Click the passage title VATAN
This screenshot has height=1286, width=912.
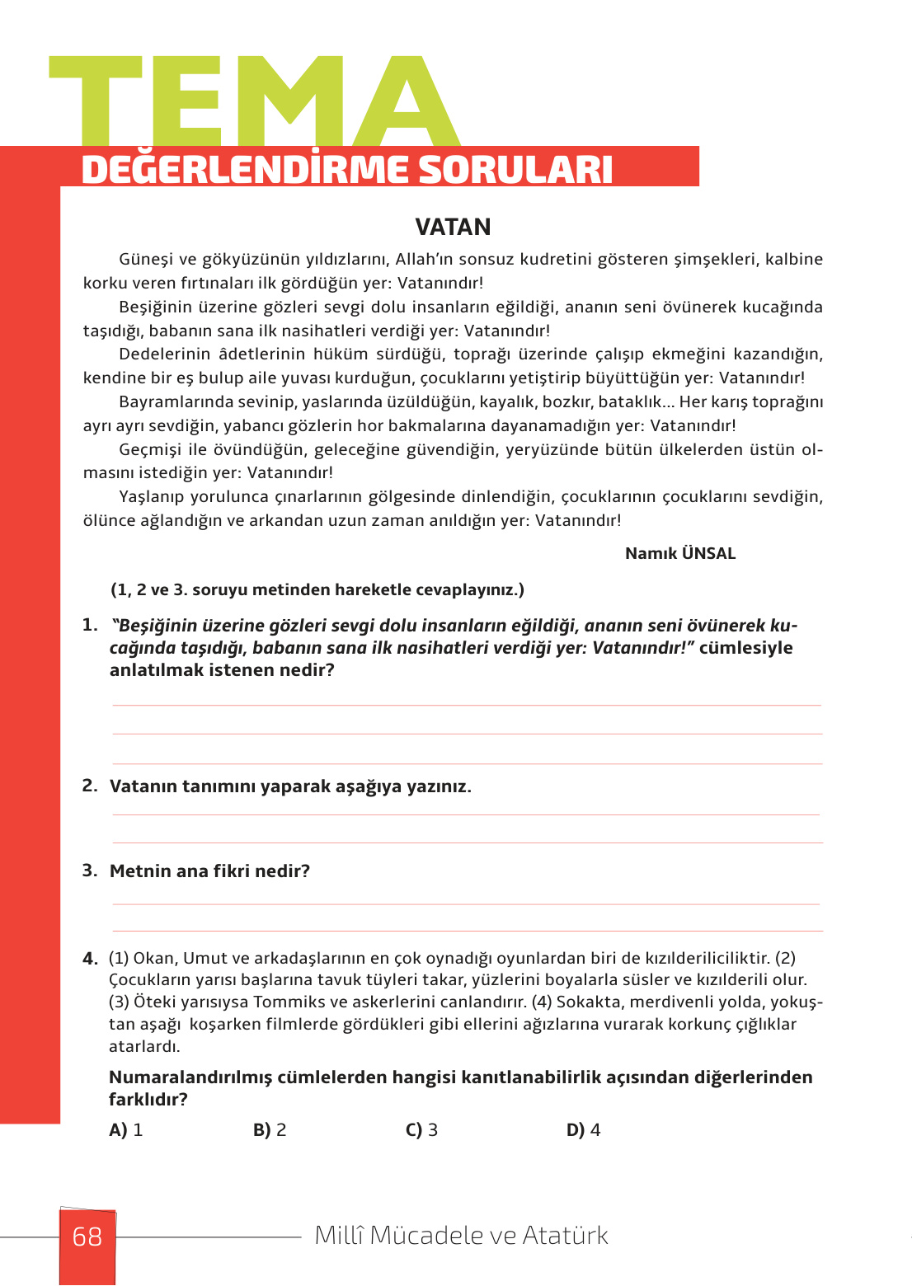click(x=453, y=227)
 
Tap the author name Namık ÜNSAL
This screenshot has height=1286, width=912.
click(x=679, y=553)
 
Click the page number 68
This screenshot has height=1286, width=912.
click(x=87, y=1237)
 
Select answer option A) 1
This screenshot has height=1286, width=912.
click(x=126, y=1130)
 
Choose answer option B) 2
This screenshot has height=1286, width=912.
click(x=270, y=1130)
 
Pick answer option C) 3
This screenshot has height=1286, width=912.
click(x=421, y=1130)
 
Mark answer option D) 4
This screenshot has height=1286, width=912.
click(x=583, y=1130)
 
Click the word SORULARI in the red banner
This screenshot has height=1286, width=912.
click(x=515, y=170)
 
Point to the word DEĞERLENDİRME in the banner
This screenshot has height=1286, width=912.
click(x=245, y=170)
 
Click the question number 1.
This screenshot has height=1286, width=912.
click(x=89, y=625)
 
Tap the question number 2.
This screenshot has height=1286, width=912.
click(x=89, y=786)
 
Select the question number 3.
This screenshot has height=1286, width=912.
click(x=89, y=871)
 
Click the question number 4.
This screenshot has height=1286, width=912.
click(x=90, y=959)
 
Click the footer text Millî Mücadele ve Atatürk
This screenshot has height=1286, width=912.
click(x=462, y=1236)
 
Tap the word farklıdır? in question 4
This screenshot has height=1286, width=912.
click(x=148, y=1100)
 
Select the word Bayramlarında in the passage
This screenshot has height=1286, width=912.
click(x=169, y=402)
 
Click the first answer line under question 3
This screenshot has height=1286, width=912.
click(x=466, y=904)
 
